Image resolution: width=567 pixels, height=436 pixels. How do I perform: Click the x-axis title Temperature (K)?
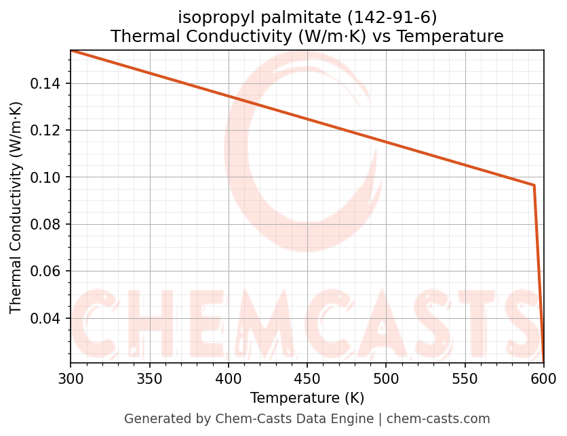[307, 397]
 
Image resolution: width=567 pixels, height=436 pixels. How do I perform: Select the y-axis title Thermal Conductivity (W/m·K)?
[16, 207]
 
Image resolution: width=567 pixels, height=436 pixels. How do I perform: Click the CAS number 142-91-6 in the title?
[394, 16]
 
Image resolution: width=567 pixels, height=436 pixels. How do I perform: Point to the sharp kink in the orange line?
[534, 186]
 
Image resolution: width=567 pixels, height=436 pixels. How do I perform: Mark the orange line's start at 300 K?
[71, 51]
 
